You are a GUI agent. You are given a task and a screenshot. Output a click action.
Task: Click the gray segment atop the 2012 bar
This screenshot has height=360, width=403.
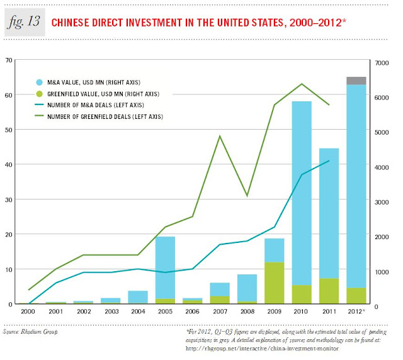point(356,81)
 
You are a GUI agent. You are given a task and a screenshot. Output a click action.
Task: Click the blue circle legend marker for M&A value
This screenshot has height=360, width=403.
point(38,82)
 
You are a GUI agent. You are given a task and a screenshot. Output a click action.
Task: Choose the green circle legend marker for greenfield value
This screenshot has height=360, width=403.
point(38,93)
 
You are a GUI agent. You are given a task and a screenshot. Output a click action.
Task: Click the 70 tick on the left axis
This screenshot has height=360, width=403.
point(9,60)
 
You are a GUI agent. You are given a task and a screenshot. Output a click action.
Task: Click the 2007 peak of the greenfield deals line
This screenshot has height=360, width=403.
point(220,136)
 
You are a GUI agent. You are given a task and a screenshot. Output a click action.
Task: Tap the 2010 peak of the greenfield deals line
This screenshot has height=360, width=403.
point(302,84)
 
